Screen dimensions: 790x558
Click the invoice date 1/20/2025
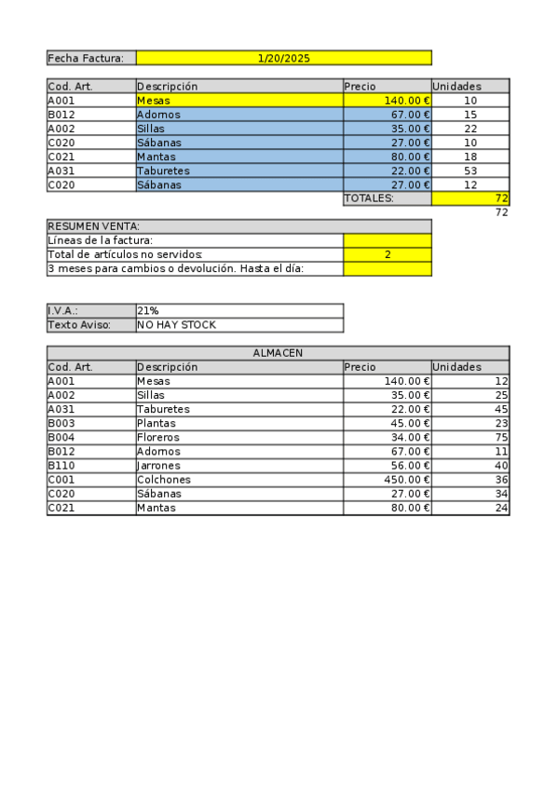point(283,58)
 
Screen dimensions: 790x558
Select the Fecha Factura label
point(85,58)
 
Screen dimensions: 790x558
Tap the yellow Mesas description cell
point(239,101)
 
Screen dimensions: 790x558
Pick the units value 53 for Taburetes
point(470,170)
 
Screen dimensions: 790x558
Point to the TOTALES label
point(370,198)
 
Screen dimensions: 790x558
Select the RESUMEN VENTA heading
point(94,226)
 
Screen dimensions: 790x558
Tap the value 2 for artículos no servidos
point(387,254)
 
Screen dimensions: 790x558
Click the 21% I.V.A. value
point(147,310)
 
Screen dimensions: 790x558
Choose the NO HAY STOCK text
point(176,325)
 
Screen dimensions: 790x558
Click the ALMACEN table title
point(278,353)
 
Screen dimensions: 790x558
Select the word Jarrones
point(158,466)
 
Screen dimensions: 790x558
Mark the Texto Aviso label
point(79,325)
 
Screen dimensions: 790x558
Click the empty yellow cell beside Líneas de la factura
point(387,240)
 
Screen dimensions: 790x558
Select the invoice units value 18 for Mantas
point(470,157)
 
